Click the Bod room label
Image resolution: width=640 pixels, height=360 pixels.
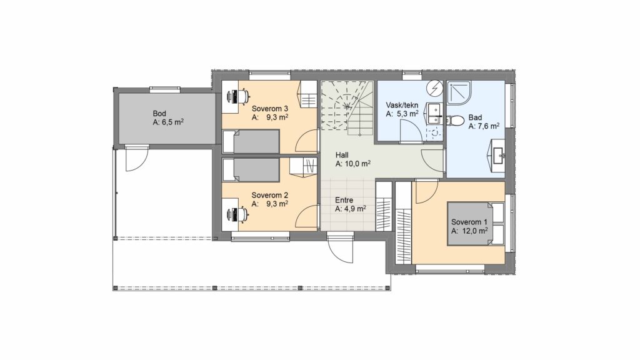(159, 114)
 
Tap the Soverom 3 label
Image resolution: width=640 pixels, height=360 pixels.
(270, 109)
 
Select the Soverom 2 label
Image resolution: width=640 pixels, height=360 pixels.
(270, 195)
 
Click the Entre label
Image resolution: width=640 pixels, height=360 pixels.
(344, 200)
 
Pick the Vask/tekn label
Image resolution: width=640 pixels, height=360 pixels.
(402, 105)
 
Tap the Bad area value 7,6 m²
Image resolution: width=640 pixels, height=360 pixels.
(489, 126)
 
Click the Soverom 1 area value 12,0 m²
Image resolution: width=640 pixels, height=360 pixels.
(475, 231)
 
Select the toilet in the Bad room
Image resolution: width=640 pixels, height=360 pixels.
(455, 121)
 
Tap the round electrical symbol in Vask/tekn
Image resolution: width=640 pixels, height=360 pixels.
(435, 87)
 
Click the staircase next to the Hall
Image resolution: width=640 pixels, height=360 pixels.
(347, 108)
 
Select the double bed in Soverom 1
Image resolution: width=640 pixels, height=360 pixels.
(476, 223)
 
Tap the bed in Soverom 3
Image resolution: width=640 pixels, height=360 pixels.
(251, 142)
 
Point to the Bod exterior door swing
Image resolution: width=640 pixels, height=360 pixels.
(136, 159)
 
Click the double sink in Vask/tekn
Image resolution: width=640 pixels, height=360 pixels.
(434, 114)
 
